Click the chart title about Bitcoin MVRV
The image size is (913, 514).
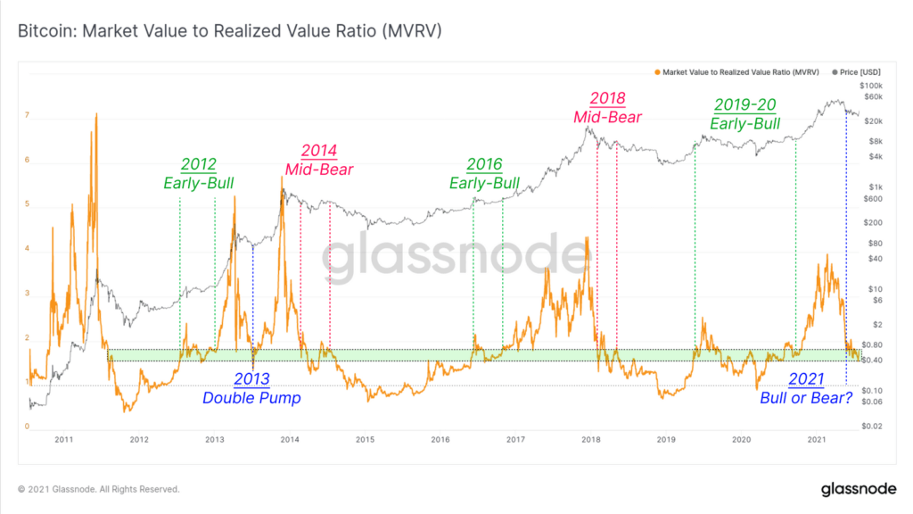(230, 31)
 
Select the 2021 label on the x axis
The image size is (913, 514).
(817, 439)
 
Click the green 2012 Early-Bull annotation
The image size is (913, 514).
(198, 173)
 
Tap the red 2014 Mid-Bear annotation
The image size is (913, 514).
(319, 160)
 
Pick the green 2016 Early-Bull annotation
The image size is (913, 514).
(484, 173)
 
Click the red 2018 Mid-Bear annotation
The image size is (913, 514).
(607, 107)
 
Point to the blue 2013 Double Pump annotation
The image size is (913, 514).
(251, 389)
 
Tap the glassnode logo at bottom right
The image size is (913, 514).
(857, 489)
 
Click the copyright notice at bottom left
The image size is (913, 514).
(99, 490)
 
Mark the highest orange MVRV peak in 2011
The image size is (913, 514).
(95, 114)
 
